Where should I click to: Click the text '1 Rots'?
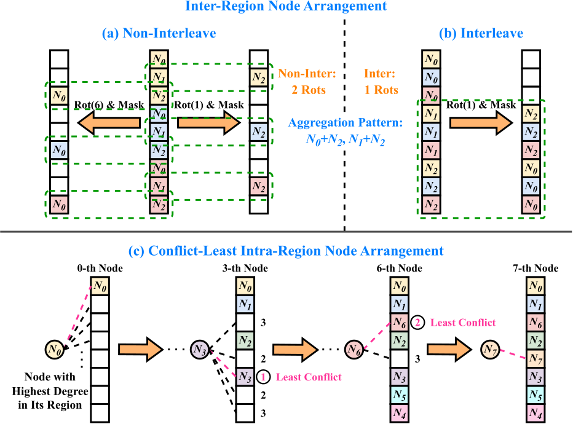[377, 89]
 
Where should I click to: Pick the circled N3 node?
[200, 348]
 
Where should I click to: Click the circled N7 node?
[490, 350]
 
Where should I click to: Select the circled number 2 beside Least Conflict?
[417, 322]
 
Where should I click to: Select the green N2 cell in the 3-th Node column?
[246, 340]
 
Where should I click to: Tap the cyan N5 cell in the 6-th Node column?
[400, 395]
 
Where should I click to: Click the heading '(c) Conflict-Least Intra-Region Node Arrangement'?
[286, 251]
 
